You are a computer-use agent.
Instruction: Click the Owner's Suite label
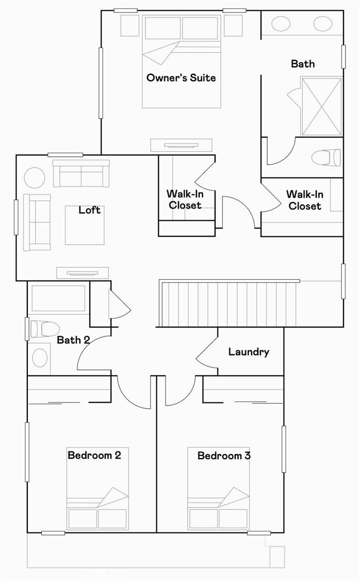[x=181, y=78]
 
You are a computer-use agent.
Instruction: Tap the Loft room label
[x=89, y=210]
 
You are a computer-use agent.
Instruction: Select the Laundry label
[x=249, y=352]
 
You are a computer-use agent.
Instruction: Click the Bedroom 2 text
[x=94, y=456]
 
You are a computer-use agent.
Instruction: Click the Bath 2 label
[x=73, y=340]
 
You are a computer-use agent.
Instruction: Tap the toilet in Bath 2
[x=44, y=328]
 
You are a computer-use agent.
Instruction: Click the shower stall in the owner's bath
[x=321, y=106]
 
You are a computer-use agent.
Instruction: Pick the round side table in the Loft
[x=35, y=178]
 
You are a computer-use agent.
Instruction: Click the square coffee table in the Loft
[x=85, y=225]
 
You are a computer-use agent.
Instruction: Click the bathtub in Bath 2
[x=58, y=298]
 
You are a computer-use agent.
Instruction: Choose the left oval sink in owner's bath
[x=281, y=23]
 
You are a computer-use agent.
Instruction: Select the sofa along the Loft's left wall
[x=37, y=222]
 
